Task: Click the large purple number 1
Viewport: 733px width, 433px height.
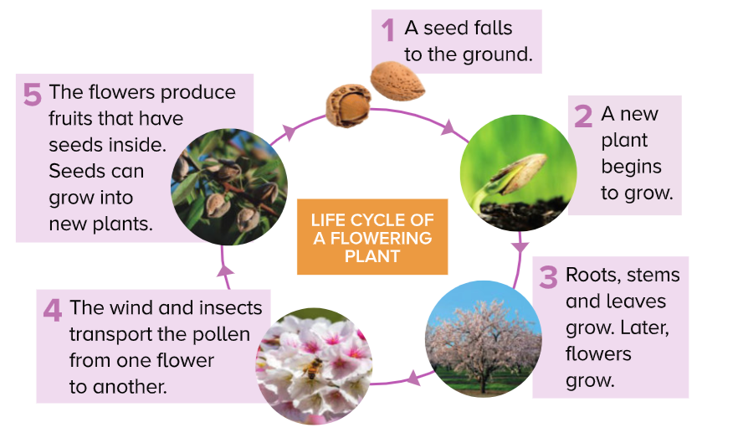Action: point(387,30)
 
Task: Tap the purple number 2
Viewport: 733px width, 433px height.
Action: point(583,116)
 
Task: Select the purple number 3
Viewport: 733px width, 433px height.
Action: point(548,276)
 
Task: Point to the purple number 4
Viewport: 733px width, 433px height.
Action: point(52,310)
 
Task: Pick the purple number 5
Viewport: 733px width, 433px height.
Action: point(32,94)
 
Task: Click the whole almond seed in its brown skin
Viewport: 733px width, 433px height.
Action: point(397,80)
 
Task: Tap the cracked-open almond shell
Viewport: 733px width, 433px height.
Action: point(347,106)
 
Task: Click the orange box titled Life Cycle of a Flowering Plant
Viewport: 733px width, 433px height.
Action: point(372,237)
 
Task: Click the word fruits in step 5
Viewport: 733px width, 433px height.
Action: point(78,118)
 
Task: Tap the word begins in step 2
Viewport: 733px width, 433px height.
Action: point(631,166)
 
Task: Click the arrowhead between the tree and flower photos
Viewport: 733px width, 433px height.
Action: point(412,379)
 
